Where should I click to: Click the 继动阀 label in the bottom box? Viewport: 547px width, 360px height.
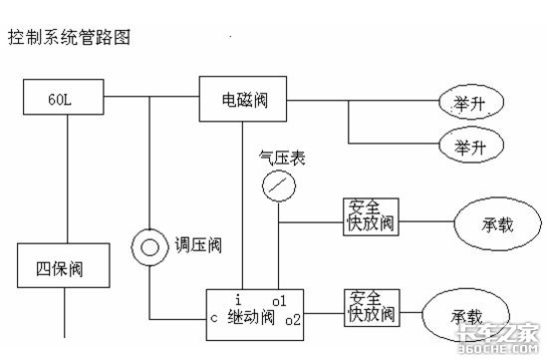pyautogui.click(x=251, y=317)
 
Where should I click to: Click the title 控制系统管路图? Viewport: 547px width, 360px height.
pyautogui.click(x=69, y=37)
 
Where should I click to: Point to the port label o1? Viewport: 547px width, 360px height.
pyautogui.click(x=279, y=301)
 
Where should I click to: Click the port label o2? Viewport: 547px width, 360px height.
pyautogui.click(x=293, y=320)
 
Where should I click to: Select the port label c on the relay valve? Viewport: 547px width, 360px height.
pyautogui.click(x=214, y=318)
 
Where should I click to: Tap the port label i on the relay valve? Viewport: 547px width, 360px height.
pyautogui.click(x=238, y=300)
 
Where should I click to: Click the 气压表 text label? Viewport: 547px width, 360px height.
pyautogui.click(x=282, y=158)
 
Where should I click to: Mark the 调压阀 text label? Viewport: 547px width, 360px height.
pyautogui.click(x=198, y=244)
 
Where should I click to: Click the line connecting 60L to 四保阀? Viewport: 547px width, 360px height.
pyautogui.click(x=68, y=179)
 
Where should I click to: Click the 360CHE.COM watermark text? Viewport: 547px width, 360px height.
pyautogui.click(x=498, y=348)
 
